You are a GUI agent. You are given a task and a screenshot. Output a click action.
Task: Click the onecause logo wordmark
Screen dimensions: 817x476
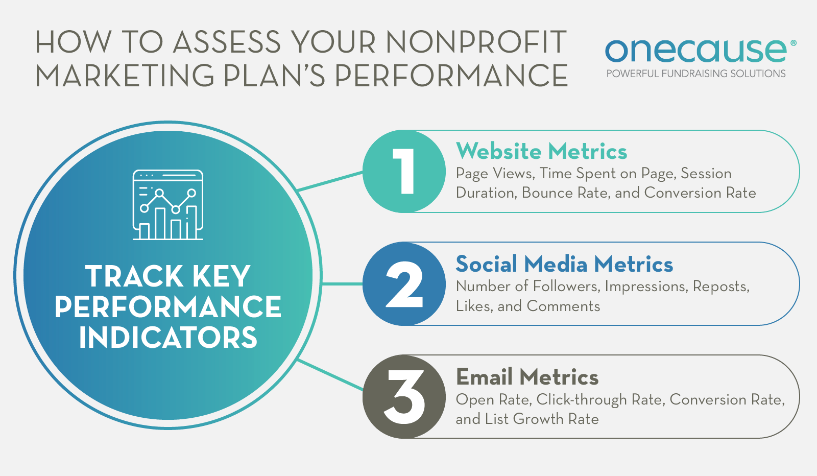coord(696,51)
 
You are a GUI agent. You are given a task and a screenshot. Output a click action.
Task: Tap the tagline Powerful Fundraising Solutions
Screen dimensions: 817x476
coord(696,74)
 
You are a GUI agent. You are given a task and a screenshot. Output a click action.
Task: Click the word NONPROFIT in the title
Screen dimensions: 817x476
coord(476,42)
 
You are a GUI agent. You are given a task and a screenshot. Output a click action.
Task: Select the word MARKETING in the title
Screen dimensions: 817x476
coord(125,76)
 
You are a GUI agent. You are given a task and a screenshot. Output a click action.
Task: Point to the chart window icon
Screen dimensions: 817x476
coord(168,205)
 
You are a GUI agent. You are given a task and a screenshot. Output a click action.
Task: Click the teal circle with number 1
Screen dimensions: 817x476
coord(404,172)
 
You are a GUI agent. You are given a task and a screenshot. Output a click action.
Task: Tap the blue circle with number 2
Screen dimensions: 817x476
coord(404,284)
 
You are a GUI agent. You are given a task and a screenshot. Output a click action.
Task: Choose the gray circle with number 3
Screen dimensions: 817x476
coord(404,397)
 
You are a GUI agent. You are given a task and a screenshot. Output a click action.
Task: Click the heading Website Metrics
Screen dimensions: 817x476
coord(542,151)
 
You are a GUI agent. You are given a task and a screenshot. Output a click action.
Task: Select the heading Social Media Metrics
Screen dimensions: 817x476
coord(564,264)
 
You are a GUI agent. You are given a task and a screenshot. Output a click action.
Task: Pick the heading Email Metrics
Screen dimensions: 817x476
coord(527,377)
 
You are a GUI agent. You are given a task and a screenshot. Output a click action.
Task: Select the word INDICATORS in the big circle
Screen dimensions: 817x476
coord(168,338)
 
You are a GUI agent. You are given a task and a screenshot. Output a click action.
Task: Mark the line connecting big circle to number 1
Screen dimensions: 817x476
coord(330,181)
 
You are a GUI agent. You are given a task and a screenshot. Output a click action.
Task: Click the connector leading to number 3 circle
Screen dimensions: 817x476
coord(330,375)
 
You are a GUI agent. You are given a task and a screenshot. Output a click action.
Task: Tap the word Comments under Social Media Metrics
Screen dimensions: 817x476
coord(564,306)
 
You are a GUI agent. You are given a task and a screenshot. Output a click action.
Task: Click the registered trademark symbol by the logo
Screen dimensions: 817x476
coord(794,43)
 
